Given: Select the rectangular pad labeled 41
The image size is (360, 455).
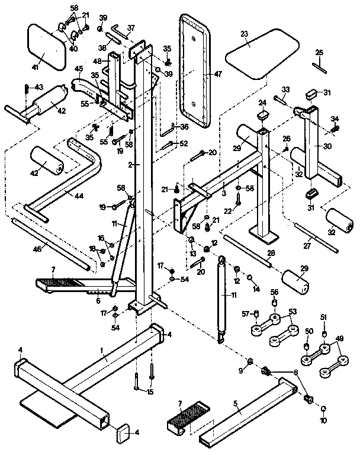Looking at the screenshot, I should tap(47, 46).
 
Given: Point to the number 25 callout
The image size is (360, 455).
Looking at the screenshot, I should tap(319, 53).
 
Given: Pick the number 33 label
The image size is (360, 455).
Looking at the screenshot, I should tap(285, 89).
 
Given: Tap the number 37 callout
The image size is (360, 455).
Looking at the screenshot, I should tap(131, 27).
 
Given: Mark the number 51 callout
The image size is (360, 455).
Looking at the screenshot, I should tap(323, 318).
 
